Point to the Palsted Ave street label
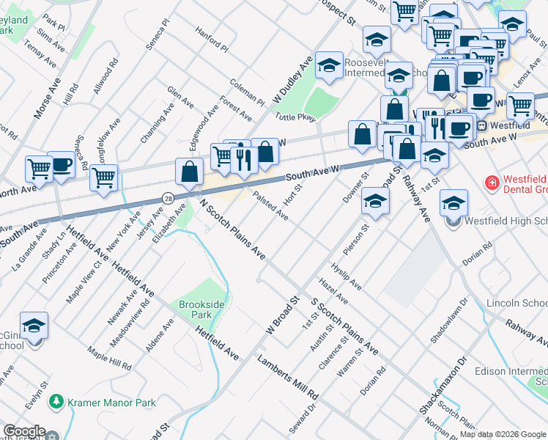[x=270, y=206]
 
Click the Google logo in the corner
[x=24, y=431]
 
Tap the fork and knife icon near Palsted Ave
[x=243, y=159]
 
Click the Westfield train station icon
[x=482, y=125]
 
